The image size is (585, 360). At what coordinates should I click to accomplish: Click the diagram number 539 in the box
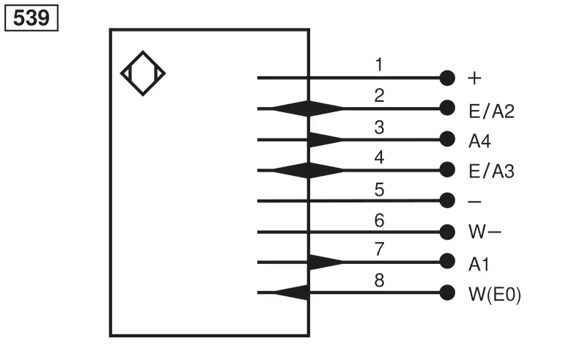(x=32, y=18)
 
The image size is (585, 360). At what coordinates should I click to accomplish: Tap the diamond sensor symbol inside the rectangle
(x=143, y=73)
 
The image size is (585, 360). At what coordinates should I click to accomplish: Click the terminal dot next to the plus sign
(x=447, y=78)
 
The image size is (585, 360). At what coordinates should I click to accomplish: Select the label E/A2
(x=491, y=111)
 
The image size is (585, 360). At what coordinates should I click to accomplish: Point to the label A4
(x=479, y=142)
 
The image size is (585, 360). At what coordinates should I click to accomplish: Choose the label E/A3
(x=491, y=172)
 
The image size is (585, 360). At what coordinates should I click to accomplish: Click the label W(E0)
(x=495, y=294)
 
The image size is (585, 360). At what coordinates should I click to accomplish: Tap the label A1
(x=479, y=264)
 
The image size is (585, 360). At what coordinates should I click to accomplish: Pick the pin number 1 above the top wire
(x=379, y=65)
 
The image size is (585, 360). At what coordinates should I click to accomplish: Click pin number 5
(x=380, y=189)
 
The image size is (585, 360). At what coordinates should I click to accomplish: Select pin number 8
(x=380, y=280)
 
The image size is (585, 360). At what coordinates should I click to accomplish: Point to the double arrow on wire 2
(x=308, y=109)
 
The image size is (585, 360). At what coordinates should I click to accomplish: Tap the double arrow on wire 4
(x=308, y=171)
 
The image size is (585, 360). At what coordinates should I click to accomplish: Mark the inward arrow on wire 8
(x=291, y=293)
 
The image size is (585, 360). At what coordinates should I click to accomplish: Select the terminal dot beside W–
(x=447, y=232)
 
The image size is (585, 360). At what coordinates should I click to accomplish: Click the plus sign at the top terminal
(x=474, y=78)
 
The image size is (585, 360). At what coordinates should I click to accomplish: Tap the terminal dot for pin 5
(x=447, y=200)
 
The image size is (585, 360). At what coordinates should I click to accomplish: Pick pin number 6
(x=380, y=221)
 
